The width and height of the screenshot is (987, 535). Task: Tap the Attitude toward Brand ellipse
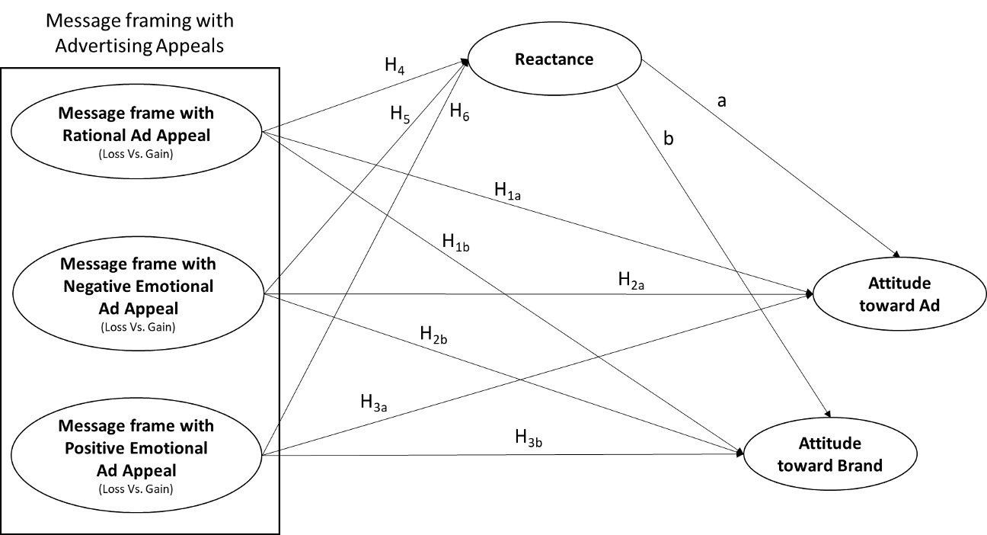point(829,454)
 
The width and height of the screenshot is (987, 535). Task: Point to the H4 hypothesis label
point(394,66)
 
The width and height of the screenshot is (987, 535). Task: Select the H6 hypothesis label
point(459,111)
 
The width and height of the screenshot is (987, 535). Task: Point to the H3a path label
point(375,402)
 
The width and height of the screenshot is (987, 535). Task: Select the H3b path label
point(529,437)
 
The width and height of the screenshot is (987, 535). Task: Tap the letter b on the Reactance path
point(669,139)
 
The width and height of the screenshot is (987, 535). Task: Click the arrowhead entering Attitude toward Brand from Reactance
point(826,412)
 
